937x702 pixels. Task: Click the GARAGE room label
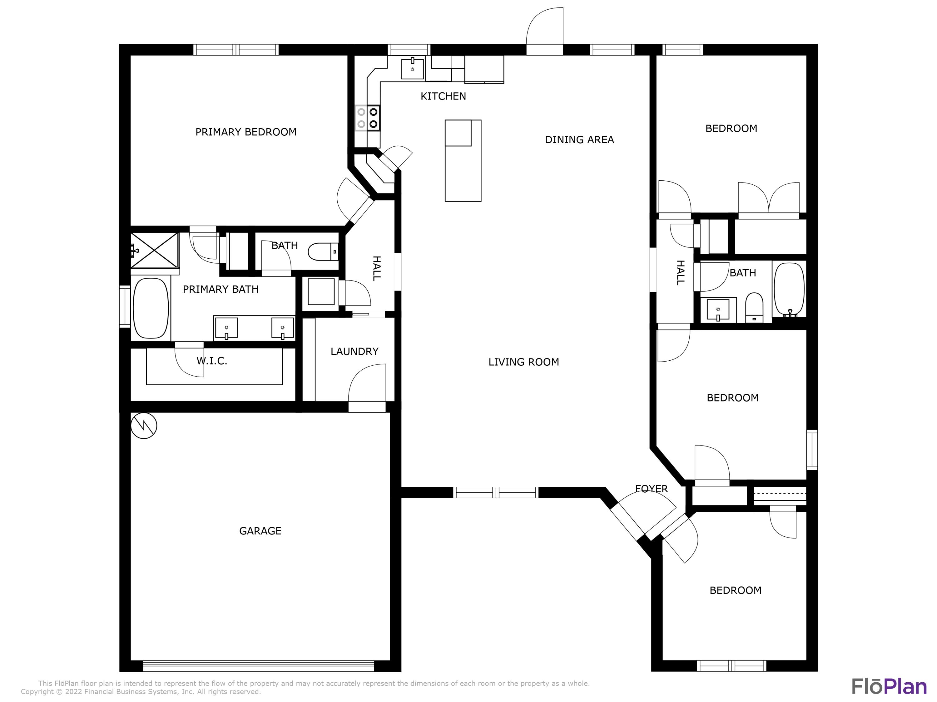pos(260,531)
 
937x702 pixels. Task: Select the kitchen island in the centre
pos(463,161)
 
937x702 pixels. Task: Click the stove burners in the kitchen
pos(367,118)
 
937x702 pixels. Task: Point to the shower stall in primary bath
pos(155,250)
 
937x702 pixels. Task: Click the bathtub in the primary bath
pos(151,308)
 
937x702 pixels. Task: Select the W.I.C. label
pos(212,361)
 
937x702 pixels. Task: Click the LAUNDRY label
pos(354,351)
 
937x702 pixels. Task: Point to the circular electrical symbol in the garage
pos(144,425)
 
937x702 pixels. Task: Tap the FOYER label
pos(651,489)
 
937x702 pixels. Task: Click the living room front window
pos(496,492)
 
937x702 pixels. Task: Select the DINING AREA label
pos(579,140)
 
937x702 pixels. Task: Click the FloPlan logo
pos(889,686)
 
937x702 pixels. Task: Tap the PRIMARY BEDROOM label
pos(246,132)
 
